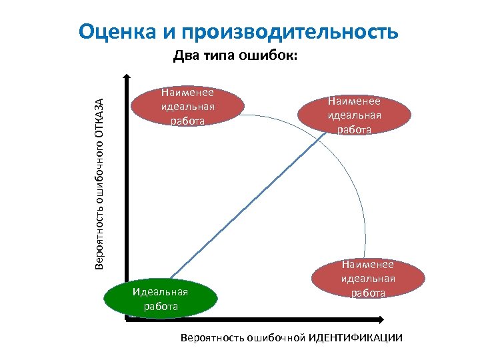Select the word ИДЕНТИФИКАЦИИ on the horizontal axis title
(355, 337)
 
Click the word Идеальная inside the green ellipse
(161, 291)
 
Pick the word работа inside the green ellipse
(161, 306)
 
